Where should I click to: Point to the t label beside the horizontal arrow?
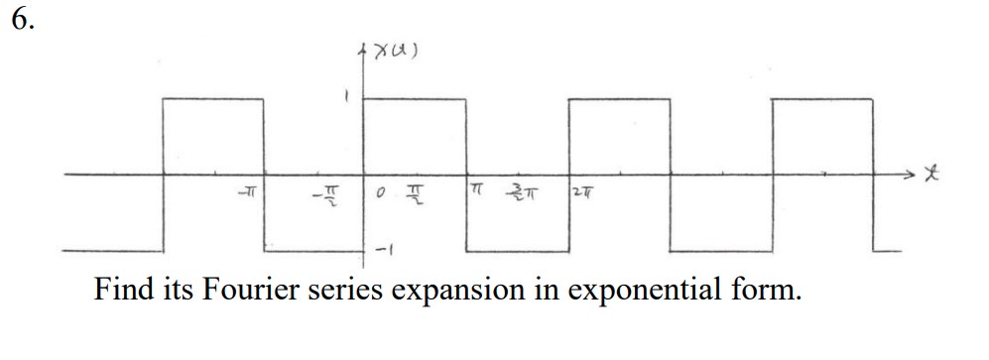click(x=930, y=175)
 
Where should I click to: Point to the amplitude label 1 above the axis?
click(x=345, y=97)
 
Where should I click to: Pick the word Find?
click(x=122, y=292)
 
